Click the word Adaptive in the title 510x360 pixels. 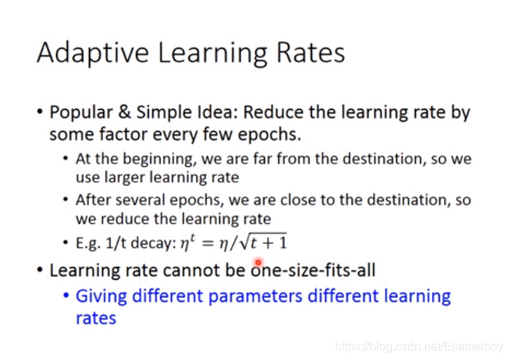93,53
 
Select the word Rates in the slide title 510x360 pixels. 310,52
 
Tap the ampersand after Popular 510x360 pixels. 124,112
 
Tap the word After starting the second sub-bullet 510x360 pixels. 93,200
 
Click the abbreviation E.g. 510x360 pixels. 87,243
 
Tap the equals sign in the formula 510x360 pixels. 207,243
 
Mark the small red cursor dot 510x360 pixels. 258,262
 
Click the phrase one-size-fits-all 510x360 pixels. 313,270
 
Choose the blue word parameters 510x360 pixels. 255,297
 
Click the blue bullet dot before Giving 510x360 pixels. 66,296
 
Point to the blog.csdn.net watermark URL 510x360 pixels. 419,347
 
